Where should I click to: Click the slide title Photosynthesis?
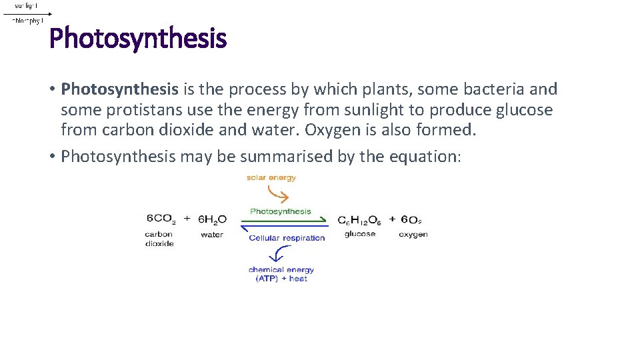click(138, 39)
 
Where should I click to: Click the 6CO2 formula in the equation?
click(161, 219)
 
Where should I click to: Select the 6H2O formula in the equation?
click(212, 219)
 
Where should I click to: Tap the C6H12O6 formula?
click(359, 220)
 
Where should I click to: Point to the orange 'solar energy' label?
click(271, 178)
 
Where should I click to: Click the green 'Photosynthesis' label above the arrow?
click(280, 211)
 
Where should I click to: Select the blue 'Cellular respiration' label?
click(287, 238)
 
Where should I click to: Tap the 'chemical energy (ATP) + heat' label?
click(281, 274)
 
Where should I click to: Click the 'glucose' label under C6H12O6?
click(360, 234)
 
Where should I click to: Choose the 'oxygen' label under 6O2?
click(413, 235)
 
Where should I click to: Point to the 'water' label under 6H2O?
click(212, 235)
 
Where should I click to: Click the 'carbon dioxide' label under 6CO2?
click(159, 239)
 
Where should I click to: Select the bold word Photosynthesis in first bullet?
click(119, 89)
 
